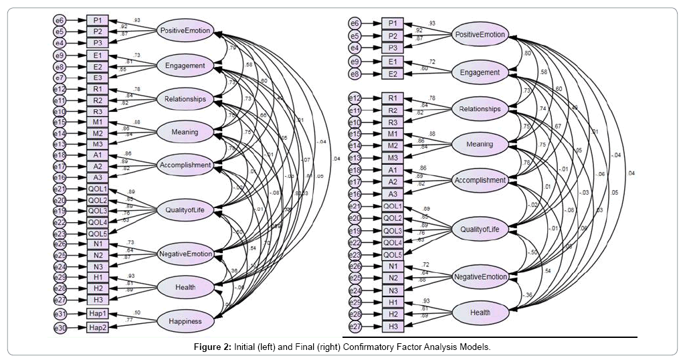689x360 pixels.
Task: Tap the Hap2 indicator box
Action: pyautogui.click(x=98, y=327)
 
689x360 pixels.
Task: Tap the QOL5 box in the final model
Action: pyautogui.click(x=393, y=254)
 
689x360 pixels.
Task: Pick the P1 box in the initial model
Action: pyautogui.click(x=98, y=19)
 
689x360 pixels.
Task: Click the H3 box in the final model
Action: pyautogui.click(x=393, y=325)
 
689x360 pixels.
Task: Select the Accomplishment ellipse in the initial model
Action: pyautogui.click(x=185, y=165)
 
